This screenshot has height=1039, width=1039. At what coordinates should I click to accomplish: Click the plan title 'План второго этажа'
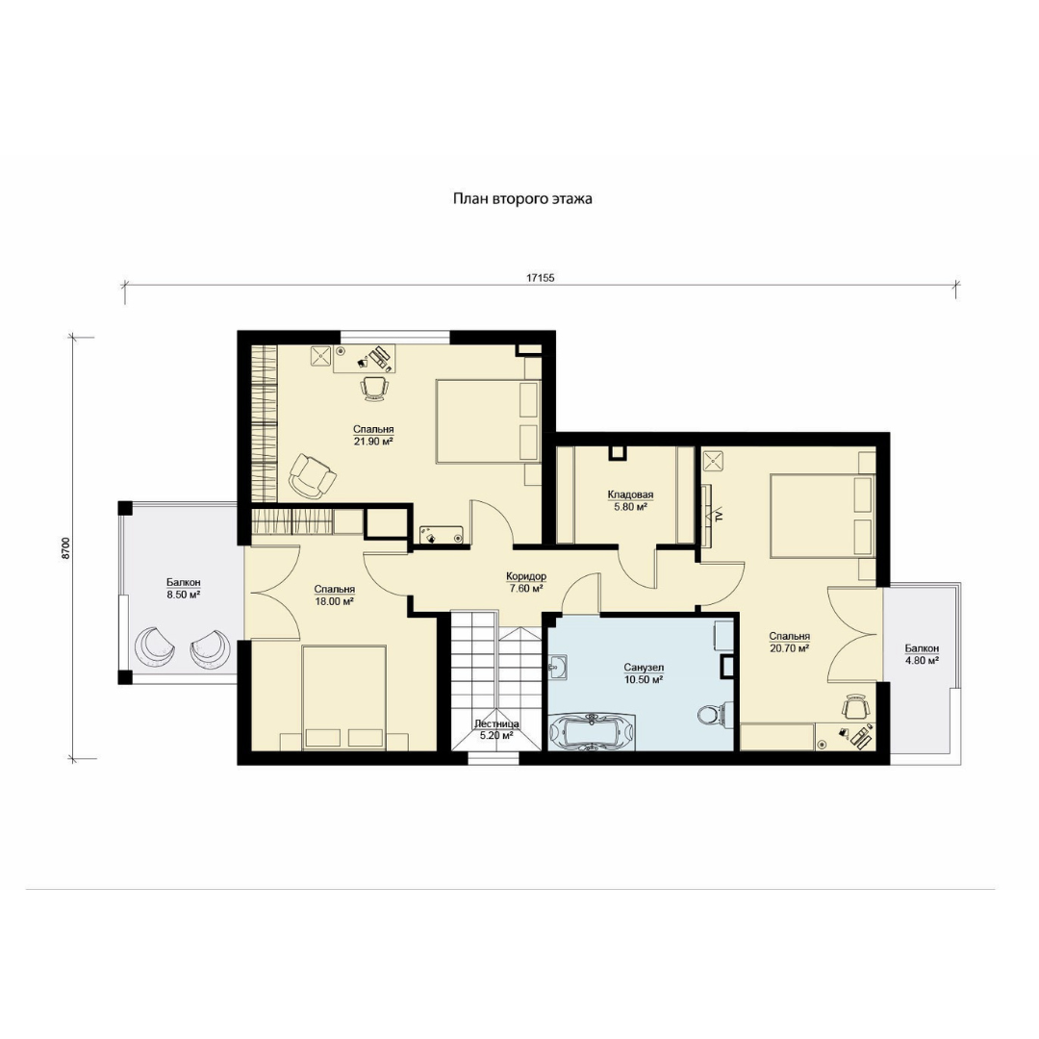tap(522, 199)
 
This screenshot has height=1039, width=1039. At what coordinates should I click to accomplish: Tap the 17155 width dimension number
tap(540, 278)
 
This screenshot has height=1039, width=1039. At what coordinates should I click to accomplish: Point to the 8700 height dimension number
tap(65, 548)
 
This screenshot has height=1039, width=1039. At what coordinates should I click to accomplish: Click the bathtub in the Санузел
tap(592, 731)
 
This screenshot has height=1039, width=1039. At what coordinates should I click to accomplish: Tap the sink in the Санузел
tap(558, 666)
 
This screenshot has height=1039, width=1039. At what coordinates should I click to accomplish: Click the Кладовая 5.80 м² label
tap(630, 501)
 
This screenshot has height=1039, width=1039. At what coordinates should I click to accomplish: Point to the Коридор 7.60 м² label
tap(525, 582)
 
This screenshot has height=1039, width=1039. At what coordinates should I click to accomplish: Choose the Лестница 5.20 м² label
tap(496, 729)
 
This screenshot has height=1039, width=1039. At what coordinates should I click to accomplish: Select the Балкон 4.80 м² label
tap(922, 654)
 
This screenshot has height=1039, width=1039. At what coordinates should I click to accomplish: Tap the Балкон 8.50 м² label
tap(184, 589)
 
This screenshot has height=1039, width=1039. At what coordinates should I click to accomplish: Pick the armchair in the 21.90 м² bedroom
tap(312, 475)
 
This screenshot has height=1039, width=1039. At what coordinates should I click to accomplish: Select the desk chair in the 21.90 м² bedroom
tap(374, 389)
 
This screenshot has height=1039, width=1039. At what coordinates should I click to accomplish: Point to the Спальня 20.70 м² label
tap(789, 643)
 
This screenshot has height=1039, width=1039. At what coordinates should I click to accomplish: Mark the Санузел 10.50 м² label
tap(644, 673)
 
